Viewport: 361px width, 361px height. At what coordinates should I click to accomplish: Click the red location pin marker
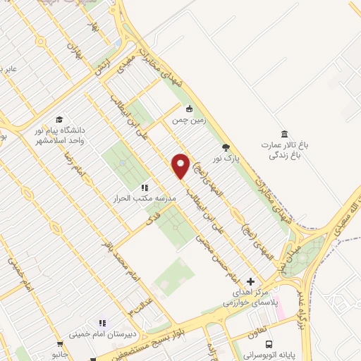[181, 166]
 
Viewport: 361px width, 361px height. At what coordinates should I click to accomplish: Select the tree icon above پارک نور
[226, 147]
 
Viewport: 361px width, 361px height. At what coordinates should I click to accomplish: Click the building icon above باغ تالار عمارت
[284, 134]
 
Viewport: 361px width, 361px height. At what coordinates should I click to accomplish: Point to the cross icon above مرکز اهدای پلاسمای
[250, 281]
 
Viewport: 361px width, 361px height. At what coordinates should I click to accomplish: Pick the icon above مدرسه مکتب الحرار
[144, 188]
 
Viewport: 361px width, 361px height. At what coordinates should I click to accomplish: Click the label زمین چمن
[188, 121]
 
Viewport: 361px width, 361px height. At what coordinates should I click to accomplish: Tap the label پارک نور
[227, 159]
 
